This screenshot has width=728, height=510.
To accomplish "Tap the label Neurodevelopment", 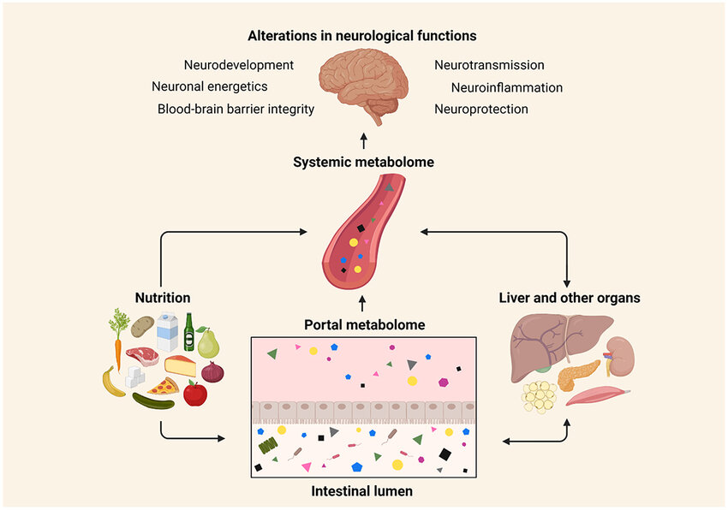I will coord(239,65).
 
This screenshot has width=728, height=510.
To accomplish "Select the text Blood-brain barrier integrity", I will coord(236,109).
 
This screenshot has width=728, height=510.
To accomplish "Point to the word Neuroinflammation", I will coord(507,87).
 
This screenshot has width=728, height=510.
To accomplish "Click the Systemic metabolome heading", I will coord(362,162).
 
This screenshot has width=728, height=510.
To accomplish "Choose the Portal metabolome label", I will coord(364,324).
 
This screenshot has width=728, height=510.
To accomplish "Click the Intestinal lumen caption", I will coord(364,491).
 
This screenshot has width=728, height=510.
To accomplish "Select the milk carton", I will coord(168,333).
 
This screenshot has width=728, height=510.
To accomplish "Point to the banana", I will coord(112,382).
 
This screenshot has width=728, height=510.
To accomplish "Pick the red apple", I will coord(195,394).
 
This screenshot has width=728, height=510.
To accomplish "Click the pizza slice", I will coord(163,386).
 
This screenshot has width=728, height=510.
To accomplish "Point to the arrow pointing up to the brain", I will coord(363,141).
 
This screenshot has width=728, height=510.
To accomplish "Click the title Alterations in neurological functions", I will coord(362,36).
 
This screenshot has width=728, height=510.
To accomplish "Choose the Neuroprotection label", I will coord(480,109).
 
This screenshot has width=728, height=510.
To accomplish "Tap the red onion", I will coord(212,372).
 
